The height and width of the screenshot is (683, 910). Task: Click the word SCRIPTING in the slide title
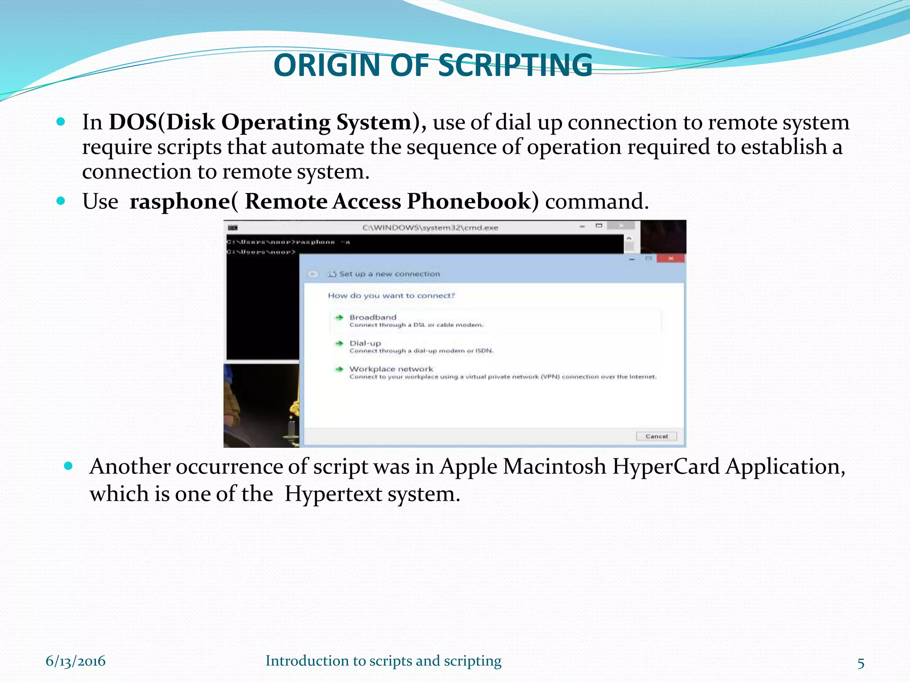pos(515,65)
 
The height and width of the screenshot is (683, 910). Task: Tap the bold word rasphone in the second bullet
pos(180,201)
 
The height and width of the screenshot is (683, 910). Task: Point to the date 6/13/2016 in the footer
pos(76,661)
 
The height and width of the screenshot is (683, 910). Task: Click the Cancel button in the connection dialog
pos(656,436)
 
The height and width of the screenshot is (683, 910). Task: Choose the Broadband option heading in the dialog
pos(372,317)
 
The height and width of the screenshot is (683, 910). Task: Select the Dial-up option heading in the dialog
pos(365,343)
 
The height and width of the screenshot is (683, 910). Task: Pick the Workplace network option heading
pos(391,369)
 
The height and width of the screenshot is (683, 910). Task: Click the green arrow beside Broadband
pos(339,317)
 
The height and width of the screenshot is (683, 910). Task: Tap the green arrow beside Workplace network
pos(339,369)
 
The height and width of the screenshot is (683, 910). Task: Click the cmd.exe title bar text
pos(430,228)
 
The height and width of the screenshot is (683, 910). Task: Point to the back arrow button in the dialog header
pos(313,274)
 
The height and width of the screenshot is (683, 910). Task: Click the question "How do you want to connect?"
pos(391,296)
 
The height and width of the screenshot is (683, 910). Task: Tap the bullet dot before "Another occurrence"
pos(68,466)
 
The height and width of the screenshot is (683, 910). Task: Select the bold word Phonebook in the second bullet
pos(469,201)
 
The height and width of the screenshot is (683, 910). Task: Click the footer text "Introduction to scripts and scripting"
pos(383,661)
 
